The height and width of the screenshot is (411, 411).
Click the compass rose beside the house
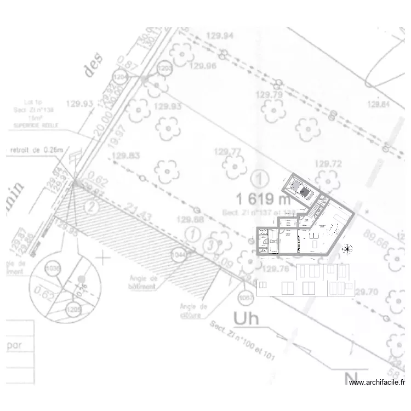(346, 249)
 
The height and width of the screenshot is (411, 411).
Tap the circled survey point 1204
(121, 77)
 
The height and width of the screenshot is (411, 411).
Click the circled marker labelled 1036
(53, 269)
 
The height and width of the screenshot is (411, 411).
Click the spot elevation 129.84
(378, 104)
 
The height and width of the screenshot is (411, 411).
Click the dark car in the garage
(304, 190)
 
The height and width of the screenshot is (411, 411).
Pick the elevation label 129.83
(126, 156)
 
